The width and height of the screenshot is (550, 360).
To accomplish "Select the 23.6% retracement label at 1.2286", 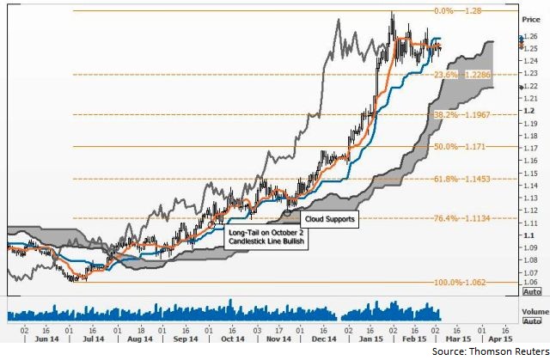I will click(x=465, y=75).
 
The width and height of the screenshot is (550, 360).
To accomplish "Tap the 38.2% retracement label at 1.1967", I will click(x=465, y=114).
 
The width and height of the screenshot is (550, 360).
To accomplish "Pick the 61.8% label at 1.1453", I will click(x=465, y=179).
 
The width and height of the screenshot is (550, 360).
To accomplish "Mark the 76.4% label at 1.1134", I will click(x=465, y=218).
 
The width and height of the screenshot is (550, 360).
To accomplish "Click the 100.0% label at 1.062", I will click(x=465, y=282).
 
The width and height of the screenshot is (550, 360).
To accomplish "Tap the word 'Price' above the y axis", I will click(x=532, y=17).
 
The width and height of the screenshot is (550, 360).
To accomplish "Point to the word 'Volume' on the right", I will click(x=535, y=310).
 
